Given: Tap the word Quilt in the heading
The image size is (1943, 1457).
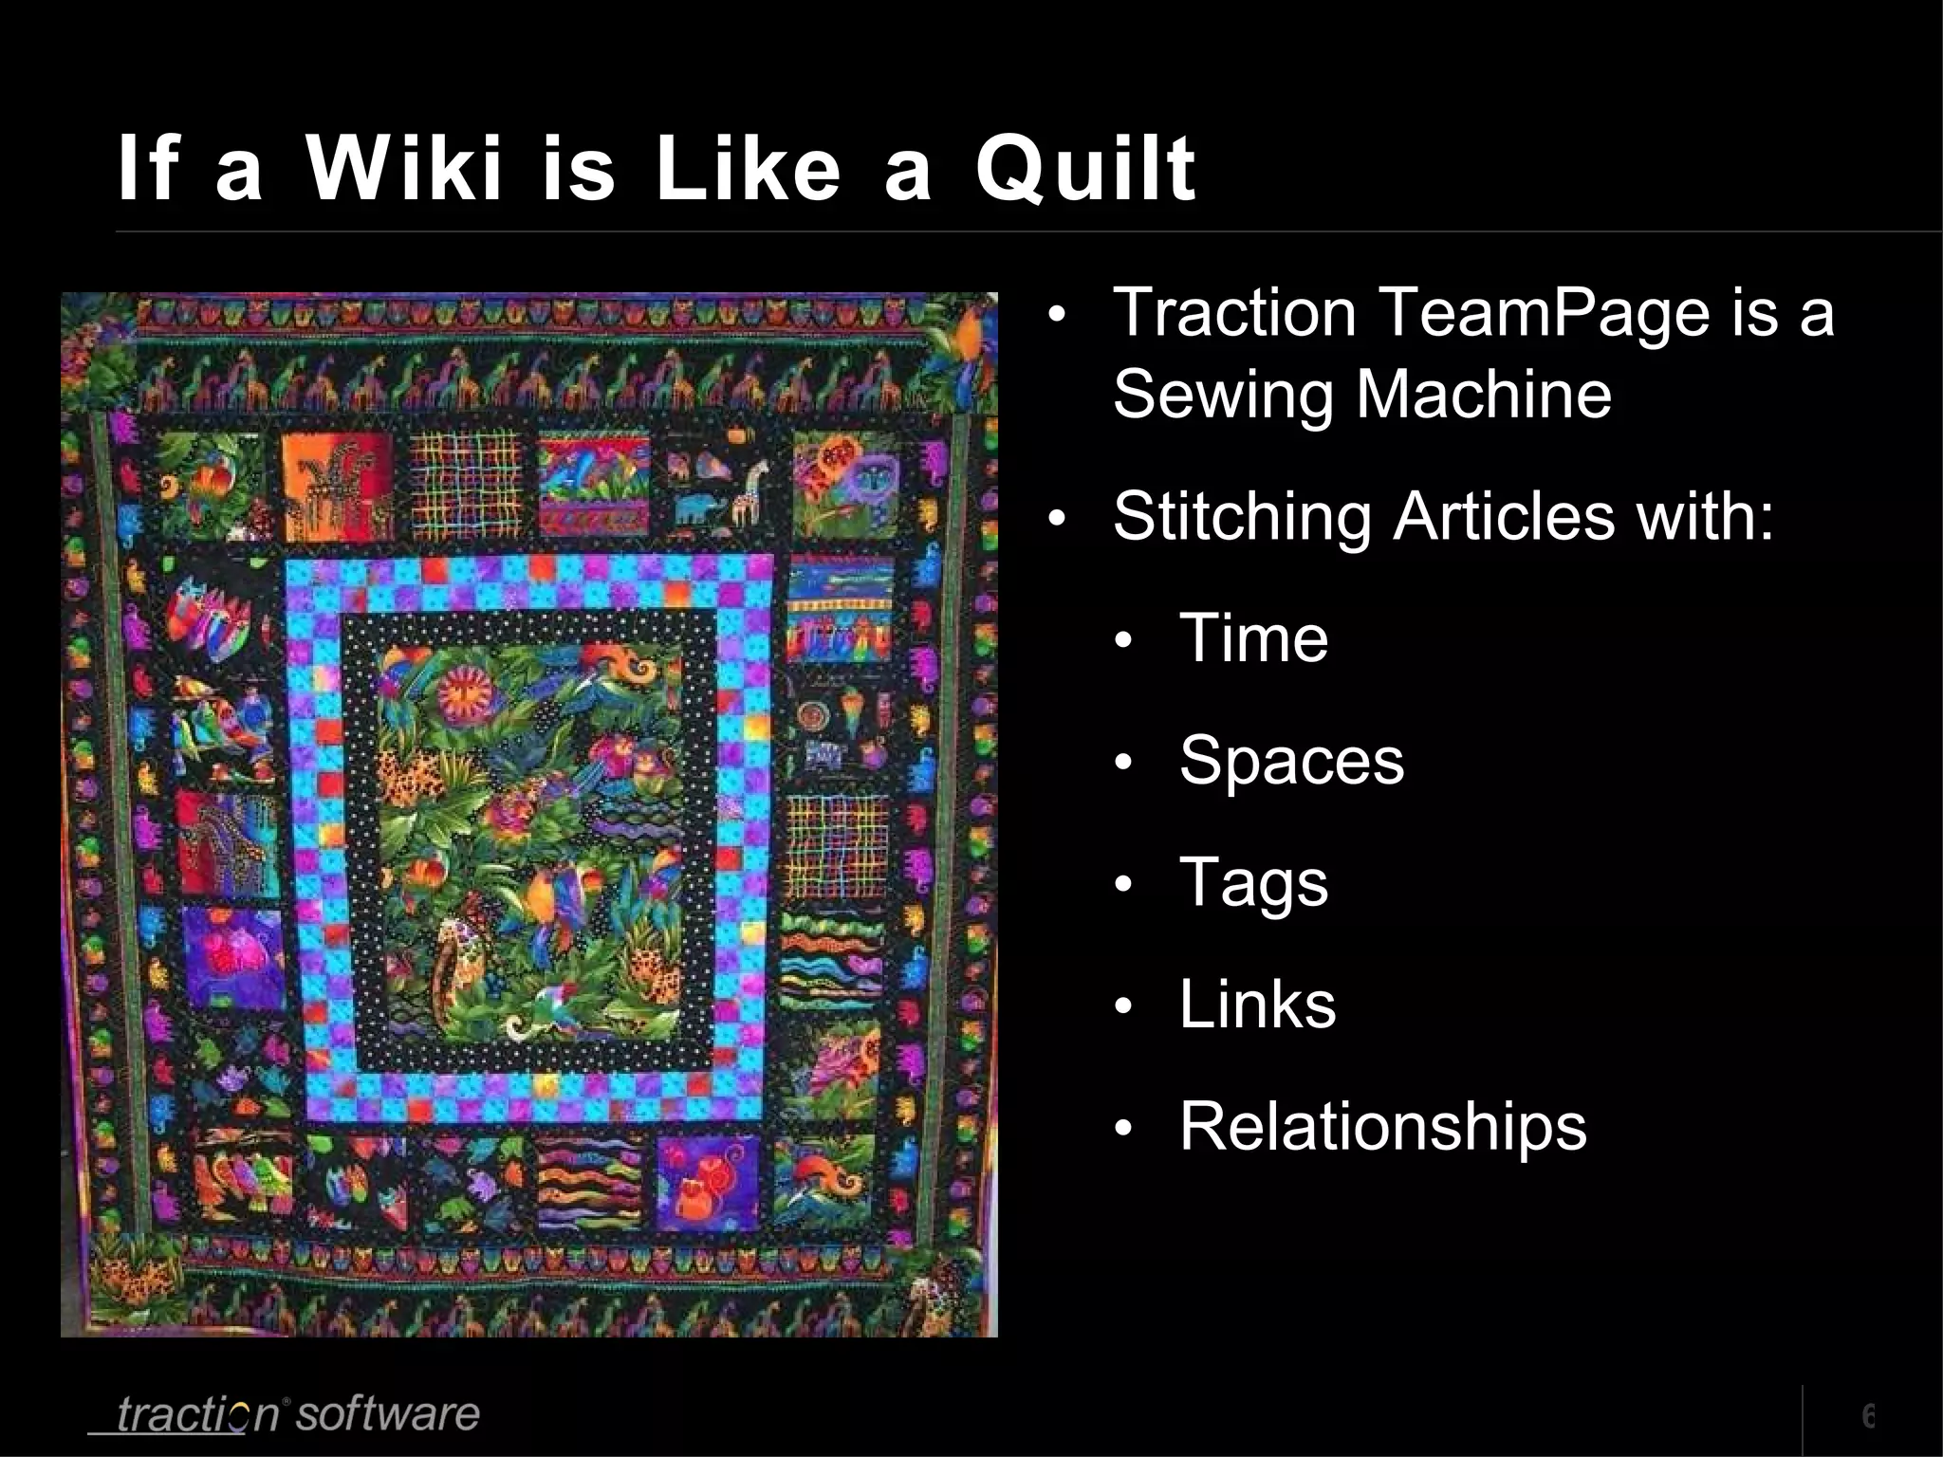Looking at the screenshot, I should pyautogui.click(x=1085, y=171).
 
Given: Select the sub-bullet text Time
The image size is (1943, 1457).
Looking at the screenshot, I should pyautogui.click(x=1253, y=637).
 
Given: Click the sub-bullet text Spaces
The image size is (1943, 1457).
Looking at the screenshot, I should pyautogui.click(x=1291, y=761).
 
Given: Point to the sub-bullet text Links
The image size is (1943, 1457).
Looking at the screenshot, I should pyautogui.click(x=1257, y=1005).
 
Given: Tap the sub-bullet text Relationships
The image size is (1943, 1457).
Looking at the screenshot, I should pyautogui.click(x=1382, y=1127).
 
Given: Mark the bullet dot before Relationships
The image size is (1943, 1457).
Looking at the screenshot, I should pyautogui.click(x=1123, y=1130).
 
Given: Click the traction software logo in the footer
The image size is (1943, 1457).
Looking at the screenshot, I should pyautogui.click(x=285, y=1414).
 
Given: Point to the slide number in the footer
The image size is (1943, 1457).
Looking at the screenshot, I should pyautogui.click(x=1867, y=1415).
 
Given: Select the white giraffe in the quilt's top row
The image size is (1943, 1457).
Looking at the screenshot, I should pyautogui.click(x=755, y=489).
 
